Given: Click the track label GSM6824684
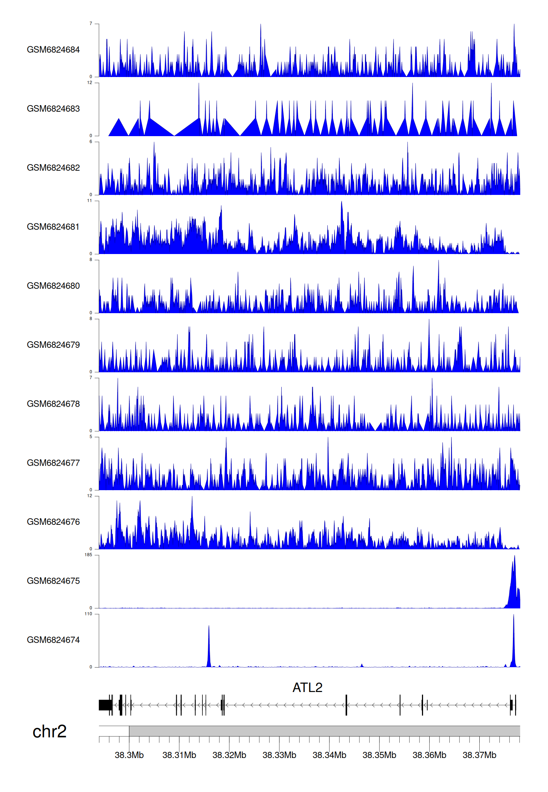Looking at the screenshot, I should point(53,50).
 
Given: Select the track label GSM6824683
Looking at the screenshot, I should point(53,109).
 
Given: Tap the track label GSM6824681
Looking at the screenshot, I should point(53,227).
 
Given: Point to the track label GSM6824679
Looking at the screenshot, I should point(53,345).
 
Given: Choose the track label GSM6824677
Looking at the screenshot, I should point(53,463).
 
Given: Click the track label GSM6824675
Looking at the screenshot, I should point(53,581).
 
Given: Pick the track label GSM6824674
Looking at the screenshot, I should point(53,640).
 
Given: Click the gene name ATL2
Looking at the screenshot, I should point(307,688).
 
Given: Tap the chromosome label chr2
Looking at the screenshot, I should point(49,731).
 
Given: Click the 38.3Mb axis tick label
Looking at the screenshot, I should point(129,755).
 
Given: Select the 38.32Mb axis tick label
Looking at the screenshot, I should point(229,755).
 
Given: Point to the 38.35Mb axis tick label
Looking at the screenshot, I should point(379,755).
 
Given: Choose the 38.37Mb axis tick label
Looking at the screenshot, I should point(479,755).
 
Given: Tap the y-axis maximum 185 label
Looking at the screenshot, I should point(88,555).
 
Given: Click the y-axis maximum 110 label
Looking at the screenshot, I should point(88,614).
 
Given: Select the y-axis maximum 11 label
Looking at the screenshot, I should point(90,201).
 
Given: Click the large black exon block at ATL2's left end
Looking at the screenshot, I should point(105,705).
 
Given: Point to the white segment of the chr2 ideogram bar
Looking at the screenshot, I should point(114,731).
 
